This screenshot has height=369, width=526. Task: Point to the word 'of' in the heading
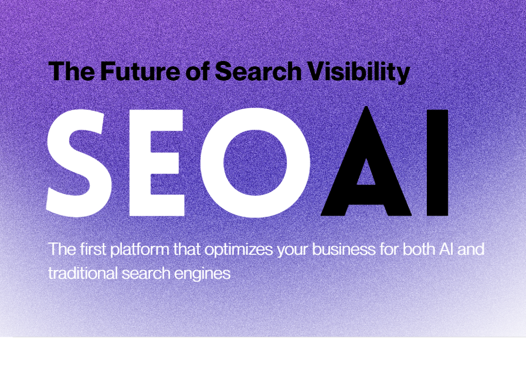[x=197, y=71]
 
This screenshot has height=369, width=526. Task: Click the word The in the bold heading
[x=72, y=71]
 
